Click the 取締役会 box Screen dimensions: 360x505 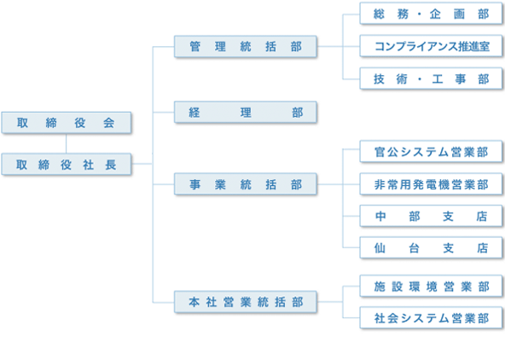coord(67,122)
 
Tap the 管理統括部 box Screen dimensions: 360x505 coord(246,47)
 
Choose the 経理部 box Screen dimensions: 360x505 coord(246,112)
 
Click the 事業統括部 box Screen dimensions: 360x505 coord(246,183)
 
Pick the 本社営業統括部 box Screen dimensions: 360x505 coord(246,301)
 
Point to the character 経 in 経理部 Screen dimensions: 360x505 coord(194,112)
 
